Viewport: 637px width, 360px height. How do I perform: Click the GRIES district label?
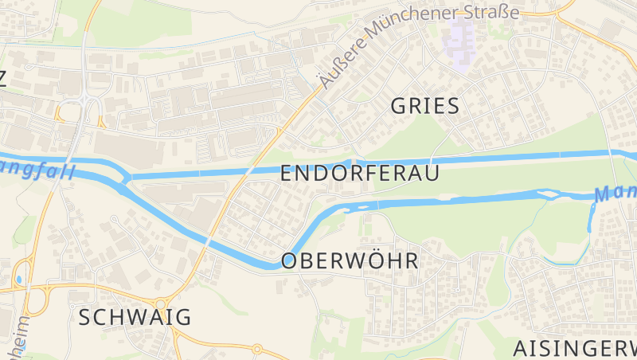click(x=426, y=106)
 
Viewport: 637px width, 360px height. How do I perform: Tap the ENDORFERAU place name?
click(x=360, y=174)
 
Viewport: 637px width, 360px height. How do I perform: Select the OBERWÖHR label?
click(x=350, y=261)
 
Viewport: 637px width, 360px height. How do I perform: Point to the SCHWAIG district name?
click(x=135, y=317)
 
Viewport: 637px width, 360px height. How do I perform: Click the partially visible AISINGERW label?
click(x=574, y=348)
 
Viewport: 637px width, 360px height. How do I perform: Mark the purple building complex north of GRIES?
click(x=463, y=37)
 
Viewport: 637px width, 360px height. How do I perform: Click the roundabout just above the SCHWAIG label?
click(x=162, y=303)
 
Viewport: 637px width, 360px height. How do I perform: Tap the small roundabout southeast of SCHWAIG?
click(x=257, y=349)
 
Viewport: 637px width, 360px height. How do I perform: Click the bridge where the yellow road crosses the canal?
click(x=252, y=169)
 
